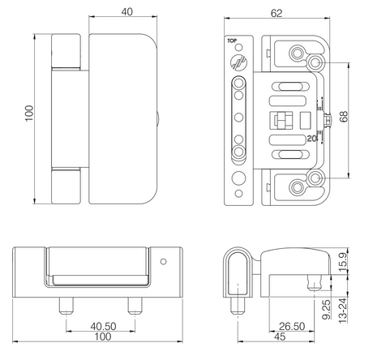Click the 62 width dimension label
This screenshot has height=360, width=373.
(277, 13)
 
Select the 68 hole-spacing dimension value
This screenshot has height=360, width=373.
(344, 117)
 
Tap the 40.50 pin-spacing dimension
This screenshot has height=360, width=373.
(103, 327)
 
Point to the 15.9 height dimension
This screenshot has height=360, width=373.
(343, 262)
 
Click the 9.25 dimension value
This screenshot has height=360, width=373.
(326, 309)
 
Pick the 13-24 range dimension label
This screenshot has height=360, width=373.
(342, 311)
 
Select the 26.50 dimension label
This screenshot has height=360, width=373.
(292, 327)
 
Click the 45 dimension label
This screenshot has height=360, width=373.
(280, 336)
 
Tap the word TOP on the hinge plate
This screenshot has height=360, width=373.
(232, 41)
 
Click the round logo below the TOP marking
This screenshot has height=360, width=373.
(238, 62)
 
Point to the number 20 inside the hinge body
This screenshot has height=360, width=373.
(312, 139)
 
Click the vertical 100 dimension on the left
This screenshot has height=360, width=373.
(29, 114)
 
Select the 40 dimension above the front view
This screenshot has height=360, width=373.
(126, 12)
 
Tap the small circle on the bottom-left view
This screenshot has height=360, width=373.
(163, 262)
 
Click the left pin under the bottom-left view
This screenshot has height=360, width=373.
(66, 306)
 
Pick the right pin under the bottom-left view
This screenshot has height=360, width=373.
(135, 306)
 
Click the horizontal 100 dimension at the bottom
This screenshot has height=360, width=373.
(103, 336)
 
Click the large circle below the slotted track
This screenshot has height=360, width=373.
(238, 178)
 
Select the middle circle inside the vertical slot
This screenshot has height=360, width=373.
(238, 118)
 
